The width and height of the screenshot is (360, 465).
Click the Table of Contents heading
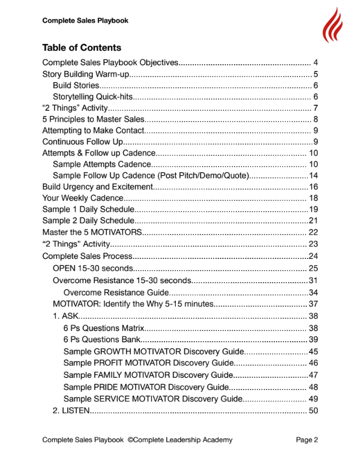pyautogui.click(x=81, y=47)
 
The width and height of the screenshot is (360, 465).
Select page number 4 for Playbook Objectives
pyautogui.click(x=316, y=62)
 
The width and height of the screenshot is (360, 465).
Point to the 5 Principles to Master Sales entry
pyautogui.click(x=94, y=119)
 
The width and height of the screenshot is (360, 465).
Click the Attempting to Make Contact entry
pyautogui.click(x=93, y=131)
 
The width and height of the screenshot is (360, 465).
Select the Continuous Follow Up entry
pyautogui.click(x=82, y=142)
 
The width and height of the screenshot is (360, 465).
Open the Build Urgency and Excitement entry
pyautogui.click(x=97, y=187)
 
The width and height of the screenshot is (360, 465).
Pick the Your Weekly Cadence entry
pyautogui.click(x=82, y=198)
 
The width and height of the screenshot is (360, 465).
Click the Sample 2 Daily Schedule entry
pyautogui.click(x=88, y=221)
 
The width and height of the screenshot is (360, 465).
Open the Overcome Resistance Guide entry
pyautogui.click(x=116, y=293)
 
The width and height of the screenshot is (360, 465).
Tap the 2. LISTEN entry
pyautogui.click(x=70, y=411)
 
